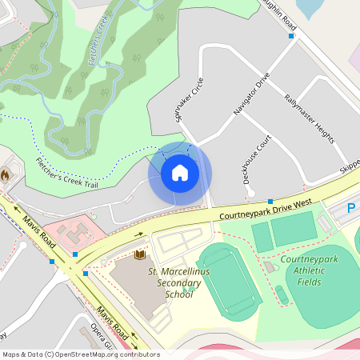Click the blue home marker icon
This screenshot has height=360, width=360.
[x=180, y=172]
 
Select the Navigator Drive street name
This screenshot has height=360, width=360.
[x=252, y=100]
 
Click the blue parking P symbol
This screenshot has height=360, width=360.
[x=351, y=209]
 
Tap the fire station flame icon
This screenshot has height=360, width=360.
[x=5, y=174]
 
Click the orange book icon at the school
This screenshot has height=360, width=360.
[x=141, y=255]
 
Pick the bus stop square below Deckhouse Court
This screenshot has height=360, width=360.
[x=270, y=201]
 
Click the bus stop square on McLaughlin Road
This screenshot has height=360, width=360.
[x=291, y=35]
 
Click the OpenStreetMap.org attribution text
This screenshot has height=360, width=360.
[x=104, y=354]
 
